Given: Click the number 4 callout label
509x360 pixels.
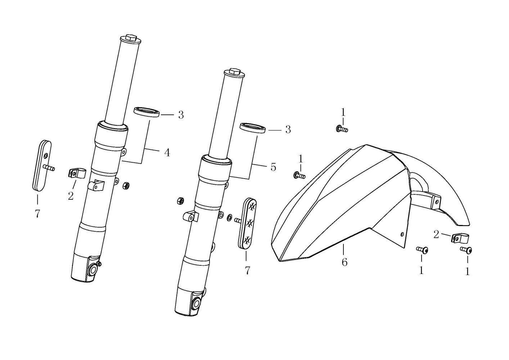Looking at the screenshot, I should pyautogui.click(x=167, y=153).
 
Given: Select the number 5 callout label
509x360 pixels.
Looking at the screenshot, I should pyautogui.click(x=273, y=167).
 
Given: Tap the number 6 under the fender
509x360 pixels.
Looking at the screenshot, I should pyautogui.click(x=344, y=262).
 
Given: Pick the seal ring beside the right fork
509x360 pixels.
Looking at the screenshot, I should pyautogui.click(x=253, y=128).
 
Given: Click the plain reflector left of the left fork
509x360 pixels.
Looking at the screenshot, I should pyautogui.click(x=42, y=165).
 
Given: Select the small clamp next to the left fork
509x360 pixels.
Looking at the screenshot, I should pyautogui.click(x=76, y=173).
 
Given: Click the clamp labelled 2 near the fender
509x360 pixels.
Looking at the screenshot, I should pyautogui.click(x=457, y=238).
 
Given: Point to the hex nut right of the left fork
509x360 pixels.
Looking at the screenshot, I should pyautogui.click(x=126, y=185).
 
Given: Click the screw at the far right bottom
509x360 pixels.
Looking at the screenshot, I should pyautogui.click(x=466, y=249).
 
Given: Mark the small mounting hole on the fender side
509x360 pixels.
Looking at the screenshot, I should pyautogui.click(x=402, y=234).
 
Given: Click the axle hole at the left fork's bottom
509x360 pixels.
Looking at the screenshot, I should pyautogui.click(x=94, y=270).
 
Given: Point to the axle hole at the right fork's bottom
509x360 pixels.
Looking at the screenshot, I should pyautogui.click(x=196, y=303).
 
